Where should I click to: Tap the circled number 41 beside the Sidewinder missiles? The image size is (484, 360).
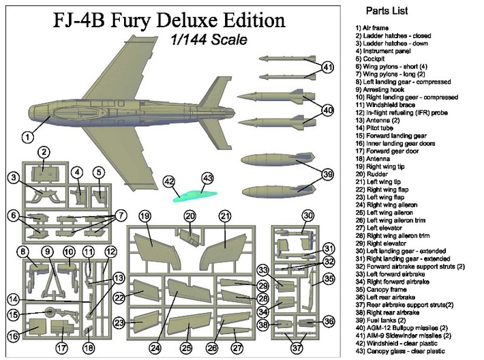(x=328, y=67)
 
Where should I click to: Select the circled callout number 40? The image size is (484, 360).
(x=328, y=110)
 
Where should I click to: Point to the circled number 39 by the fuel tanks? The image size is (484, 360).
(x=328, y=175)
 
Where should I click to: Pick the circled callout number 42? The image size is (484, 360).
(x=170, y=181)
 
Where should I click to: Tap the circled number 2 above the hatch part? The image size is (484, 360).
(x=43, y=152)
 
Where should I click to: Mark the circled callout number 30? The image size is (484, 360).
(x=308, y=216)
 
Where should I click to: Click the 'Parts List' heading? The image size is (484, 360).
(x=387, y=12)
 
